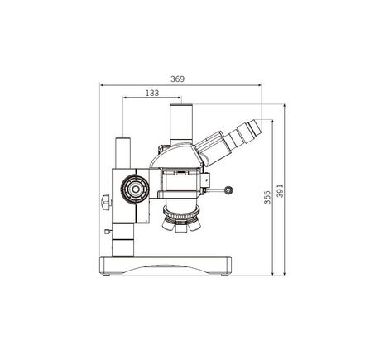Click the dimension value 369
pos(178,79)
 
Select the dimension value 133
pos(151,94)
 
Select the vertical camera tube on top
pos(180,125)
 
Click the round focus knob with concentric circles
pos(132,190)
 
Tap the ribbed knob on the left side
pos(104,202)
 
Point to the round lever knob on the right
pos(227,190)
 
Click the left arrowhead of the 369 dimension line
pos(100,84)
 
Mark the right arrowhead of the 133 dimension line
pos(180,99)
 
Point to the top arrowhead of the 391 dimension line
pos(284,106)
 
